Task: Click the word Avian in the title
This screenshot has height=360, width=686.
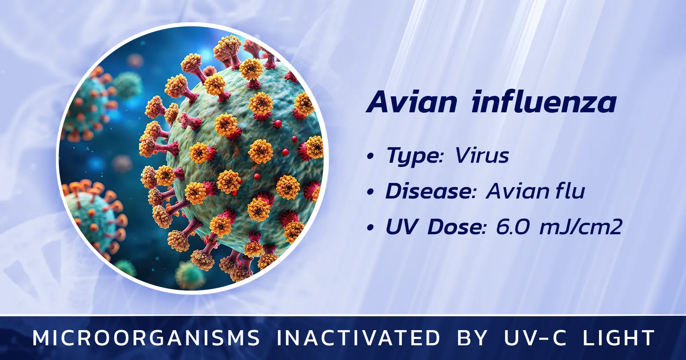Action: coord(412,102)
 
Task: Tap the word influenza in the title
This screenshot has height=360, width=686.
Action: coord(544,102)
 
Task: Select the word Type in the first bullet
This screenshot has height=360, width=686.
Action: coord(415,156)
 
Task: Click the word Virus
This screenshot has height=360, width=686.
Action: coord(482,156)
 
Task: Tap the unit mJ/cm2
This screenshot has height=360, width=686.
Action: coord(580,227)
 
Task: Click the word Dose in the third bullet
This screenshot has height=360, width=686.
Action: coord(457,227)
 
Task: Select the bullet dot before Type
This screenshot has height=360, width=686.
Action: coord(370,156)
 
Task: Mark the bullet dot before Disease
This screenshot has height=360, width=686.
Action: coord(370,192)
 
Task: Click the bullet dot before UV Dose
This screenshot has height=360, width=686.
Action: coord(370,228)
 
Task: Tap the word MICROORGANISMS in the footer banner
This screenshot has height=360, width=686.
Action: coord(146,338)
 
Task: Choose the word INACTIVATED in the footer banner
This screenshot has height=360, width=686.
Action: coord(358,338)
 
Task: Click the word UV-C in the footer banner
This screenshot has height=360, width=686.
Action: coord(535,338)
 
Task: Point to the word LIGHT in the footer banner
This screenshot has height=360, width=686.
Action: coord(618,338)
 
